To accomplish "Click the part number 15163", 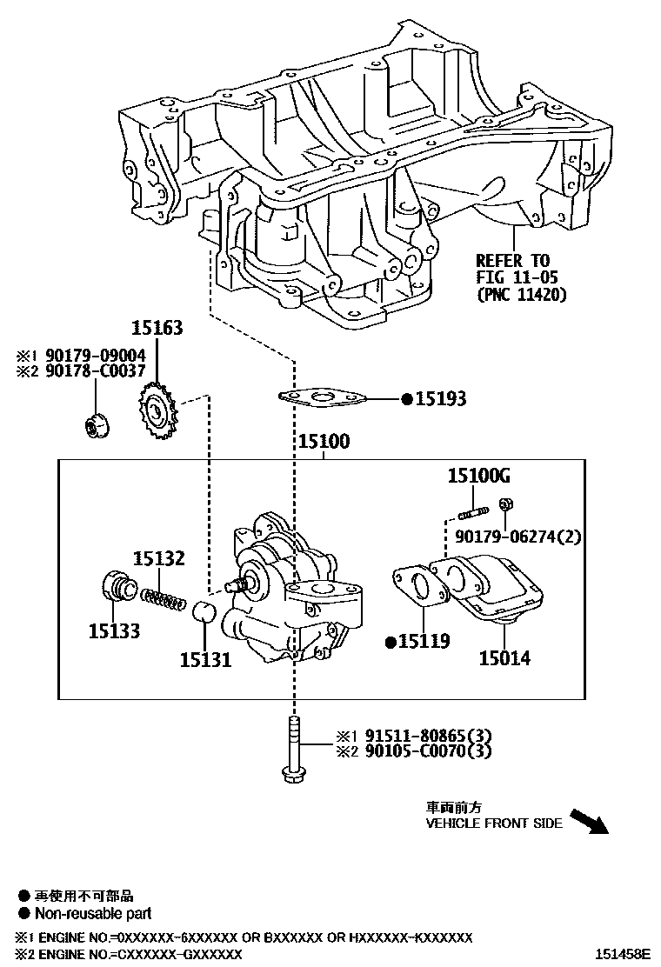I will click(157, 329).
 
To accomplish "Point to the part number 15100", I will click(324, 443).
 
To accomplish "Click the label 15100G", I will click(478, 476).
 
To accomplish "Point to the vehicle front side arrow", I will click(589, 822).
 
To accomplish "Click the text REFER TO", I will click(512, 260).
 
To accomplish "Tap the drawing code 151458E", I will click(622, 954).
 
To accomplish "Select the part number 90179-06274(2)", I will click(518, 537).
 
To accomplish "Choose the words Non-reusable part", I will click(92, 913).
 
